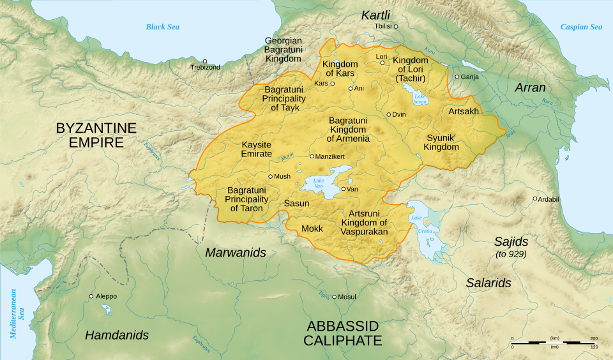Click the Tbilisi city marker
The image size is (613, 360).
396,26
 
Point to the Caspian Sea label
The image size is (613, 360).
581,27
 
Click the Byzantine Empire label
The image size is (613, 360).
96,135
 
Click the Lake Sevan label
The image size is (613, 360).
419,99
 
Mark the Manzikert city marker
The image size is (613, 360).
312,156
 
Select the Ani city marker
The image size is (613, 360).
351,88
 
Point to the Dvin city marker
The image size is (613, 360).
388,114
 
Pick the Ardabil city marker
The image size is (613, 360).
535,199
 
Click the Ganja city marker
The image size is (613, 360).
457,77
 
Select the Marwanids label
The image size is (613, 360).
235,253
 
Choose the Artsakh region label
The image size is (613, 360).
464,111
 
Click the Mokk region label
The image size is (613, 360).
312,229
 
